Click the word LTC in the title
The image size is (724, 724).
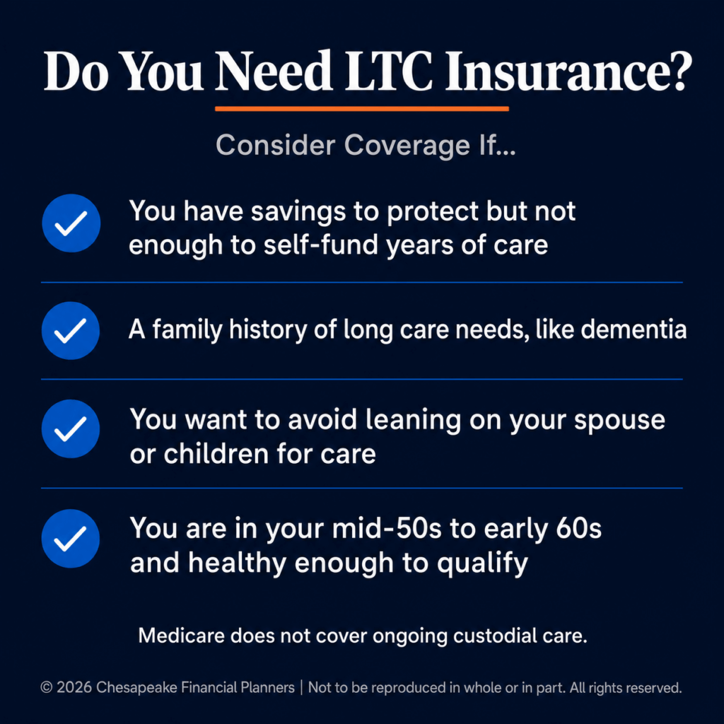coord(389,71)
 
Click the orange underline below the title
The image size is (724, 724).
coord(362,109)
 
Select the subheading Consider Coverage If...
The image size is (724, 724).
coord(366,146)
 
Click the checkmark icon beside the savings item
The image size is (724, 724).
coord(71,223)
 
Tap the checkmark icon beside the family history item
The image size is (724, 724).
coord(71,331)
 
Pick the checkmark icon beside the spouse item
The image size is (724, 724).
coord(71,428)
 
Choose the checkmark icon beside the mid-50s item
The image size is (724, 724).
coord(71,538)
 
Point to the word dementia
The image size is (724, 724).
coord(633,329)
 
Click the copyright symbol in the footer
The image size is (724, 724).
coord(47,687)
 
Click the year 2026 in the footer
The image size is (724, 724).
coord(74,687)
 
